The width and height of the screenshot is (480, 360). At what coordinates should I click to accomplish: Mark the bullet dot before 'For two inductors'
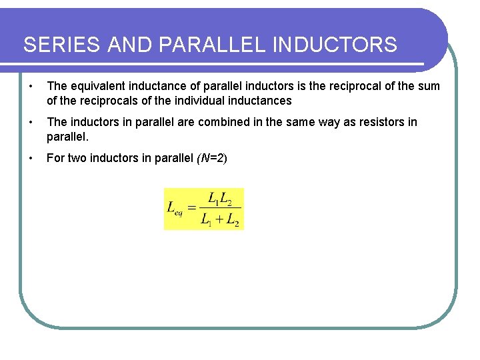(x=31, y=158)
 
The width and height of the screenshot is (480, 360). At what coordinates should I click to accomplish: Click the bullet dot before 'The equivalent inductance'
(x=31, y=86)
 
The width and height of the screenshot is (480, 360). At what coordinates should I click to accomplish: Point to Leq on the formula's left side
(x=175, y=209)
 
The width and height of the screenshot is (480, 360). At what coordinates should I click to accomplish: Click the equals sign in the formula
(x=192, y=209)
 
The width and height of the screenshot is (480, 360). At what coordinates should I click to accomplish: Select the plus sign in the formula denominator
(x=220, y=220)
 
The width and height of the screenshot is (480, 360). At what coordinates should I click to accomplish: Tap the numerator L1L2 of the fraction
(x=220, y=198)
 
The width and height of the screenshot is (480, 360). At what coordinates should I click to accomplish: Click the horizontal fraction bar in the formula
(x=220, y=209)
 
